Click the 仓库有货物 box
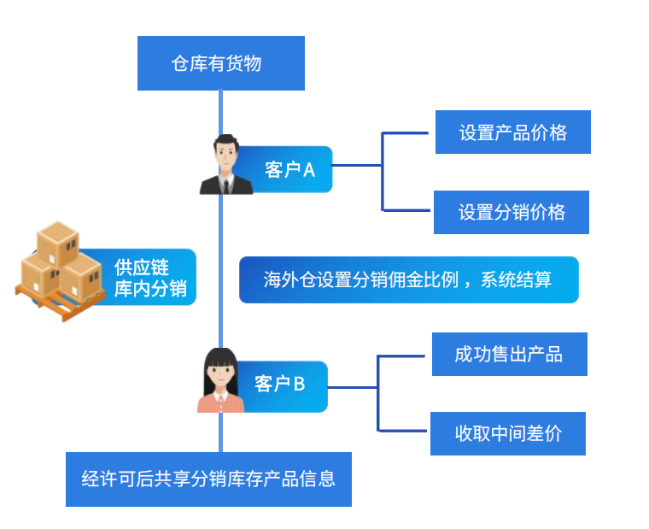tap(220, 63)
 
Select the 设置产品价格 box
tap(512, 132)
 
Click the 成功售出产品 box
tap(509, 354)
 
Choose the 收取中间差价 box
tap(508, 433)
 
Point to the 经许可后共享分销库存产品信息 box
tap(208, 479)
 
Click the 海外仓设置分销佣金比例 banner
tap(408, 279)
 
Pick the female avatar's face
tap(219, 373)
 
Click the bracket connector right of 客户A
tap(383, 170)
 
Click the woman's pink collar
tap(220, 397)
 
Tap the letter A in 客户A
tap(308, 170)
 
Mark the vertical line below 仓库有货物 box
tap(221, 111)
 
